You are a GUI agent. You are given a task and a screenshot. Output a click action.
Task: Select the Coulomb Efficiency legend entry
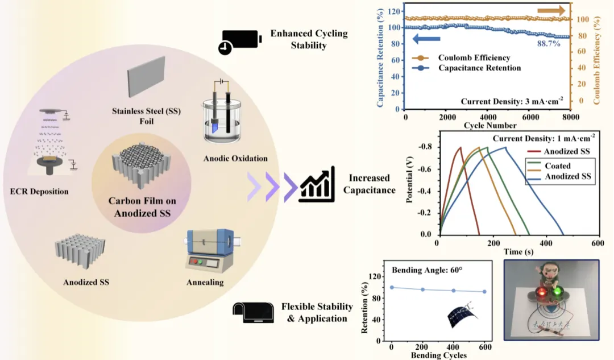coord(474,57)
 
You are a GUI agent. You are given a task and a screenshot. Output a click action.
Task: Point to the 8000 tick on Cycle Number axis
coord(570,117)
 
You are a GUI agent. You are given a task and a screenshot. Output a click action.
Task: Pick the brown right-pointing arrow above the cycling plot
coord(551,10)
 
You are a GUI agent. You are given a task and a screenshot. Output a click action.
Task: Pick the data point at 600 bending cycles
coord(484,292)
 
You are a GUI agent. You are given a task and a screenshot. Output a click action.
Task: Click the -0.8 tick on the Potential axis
coord(424,147)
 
